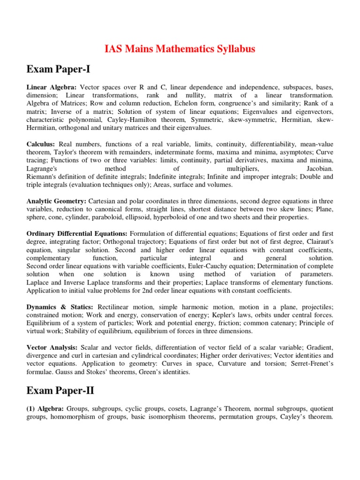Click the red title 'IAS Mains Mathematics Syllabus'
tap(180, 49)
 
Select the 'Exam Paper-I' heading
tap(58, 69)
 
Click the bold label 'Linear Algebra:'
tap(52, 87)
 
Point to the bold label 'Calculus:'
tap(40, 145)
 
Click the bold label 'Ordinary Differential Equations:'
tap(77, 233)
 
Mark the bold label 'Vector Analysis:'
tap(52, 347)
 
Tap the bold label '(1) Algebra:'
tap(45, 408)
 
